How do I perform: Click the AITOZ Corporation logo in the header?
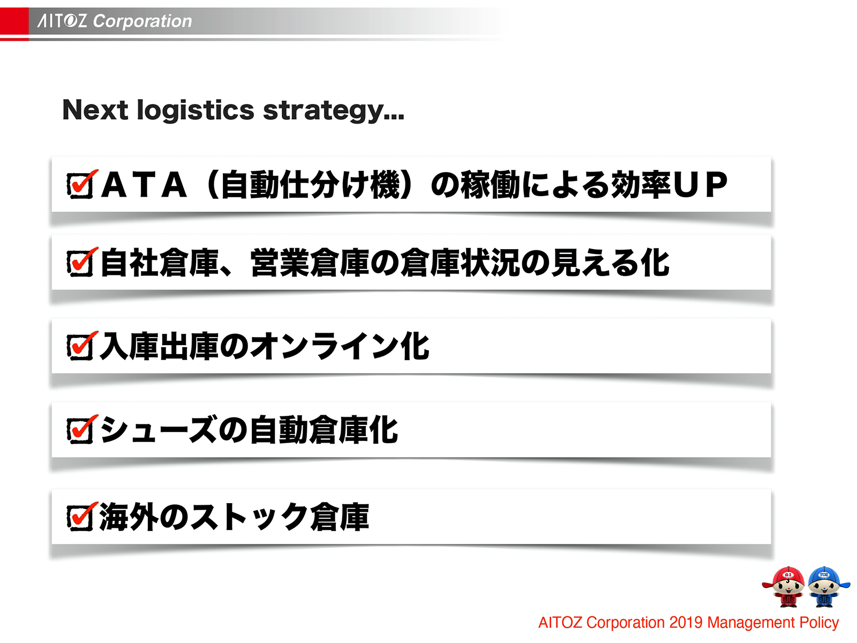[x=115, y=21]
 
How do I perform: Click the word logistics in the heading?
[x=196, y=110]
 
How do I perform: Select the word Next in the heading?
[x=95, y=110]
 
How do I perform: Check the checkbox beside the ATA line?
[x=80, y=185]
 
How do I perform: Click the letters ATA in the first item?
[x=144, y=185]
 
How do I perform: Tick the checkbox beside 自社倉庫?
[x=80, y=263]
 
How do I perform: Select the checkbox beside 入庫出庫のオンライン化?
[x=80, y=347]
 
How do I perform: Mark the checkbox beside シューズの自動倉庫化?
[x=80, y=430]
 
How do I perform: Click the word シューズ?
[x=159, y=430]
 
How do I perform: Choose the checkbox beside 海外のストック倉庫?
[x=80, y=518]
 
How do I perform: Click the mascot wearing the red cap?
[x=785, y=587]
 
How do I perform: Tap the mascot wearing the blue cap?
[x=826, y=587]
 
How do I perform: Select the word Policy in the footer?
[x=819, y=623]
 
